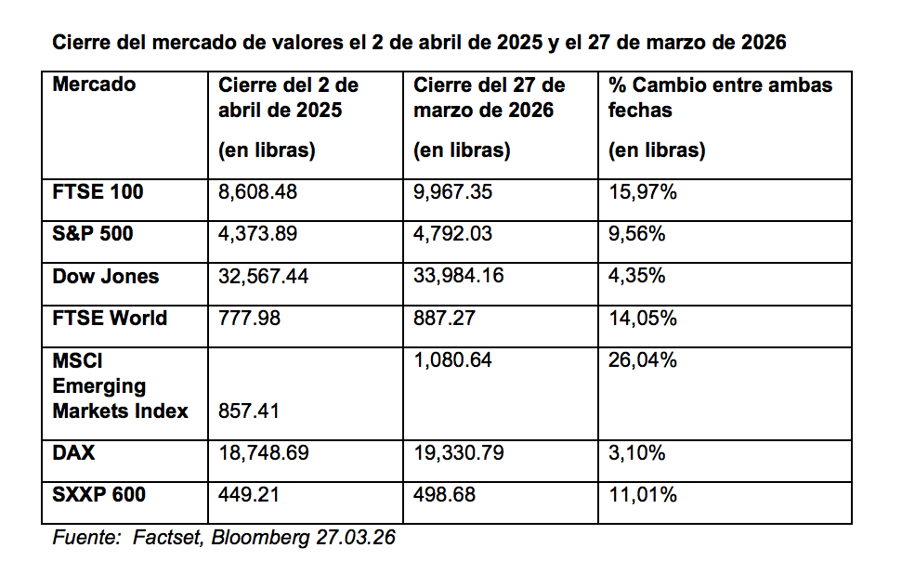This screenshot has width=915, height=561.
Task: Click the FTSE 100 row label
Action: tap(98, 192)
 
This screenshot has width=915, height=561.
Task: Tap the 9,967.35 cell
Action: tap(453, 192)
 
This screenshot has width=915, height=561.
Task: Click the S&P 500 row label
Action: tap(93, 234)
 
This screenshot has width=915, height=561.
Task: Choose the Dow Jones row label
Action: tap(105, 276)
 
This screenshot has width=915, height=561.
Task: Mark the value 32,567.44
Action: tap(264, 276)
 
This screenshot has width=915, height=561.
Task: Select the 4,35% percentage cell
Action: tap(636, 276)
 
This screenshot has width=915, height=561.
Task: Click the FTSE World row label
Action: tap(110, 318)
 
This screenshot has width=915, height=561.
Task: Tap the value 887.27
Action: tap(444, 318)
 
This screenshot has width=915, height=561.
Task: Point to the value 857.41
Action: tap(249, 411)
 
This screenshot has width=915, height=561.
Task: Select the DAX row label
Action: tap(74, 453)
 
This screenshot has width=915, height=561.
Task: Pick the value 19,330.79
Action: tap(458, 453)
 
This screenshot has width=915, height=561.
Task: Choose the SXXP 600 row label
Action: tap(99, 494)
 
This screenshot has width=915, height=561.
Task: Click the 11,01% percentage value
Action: tap(642, 494)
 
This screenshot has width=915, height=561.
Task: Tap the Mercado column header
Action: tap(94, 85)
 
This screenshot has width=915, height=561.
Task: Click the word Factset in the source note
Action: tap(166, 538)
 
